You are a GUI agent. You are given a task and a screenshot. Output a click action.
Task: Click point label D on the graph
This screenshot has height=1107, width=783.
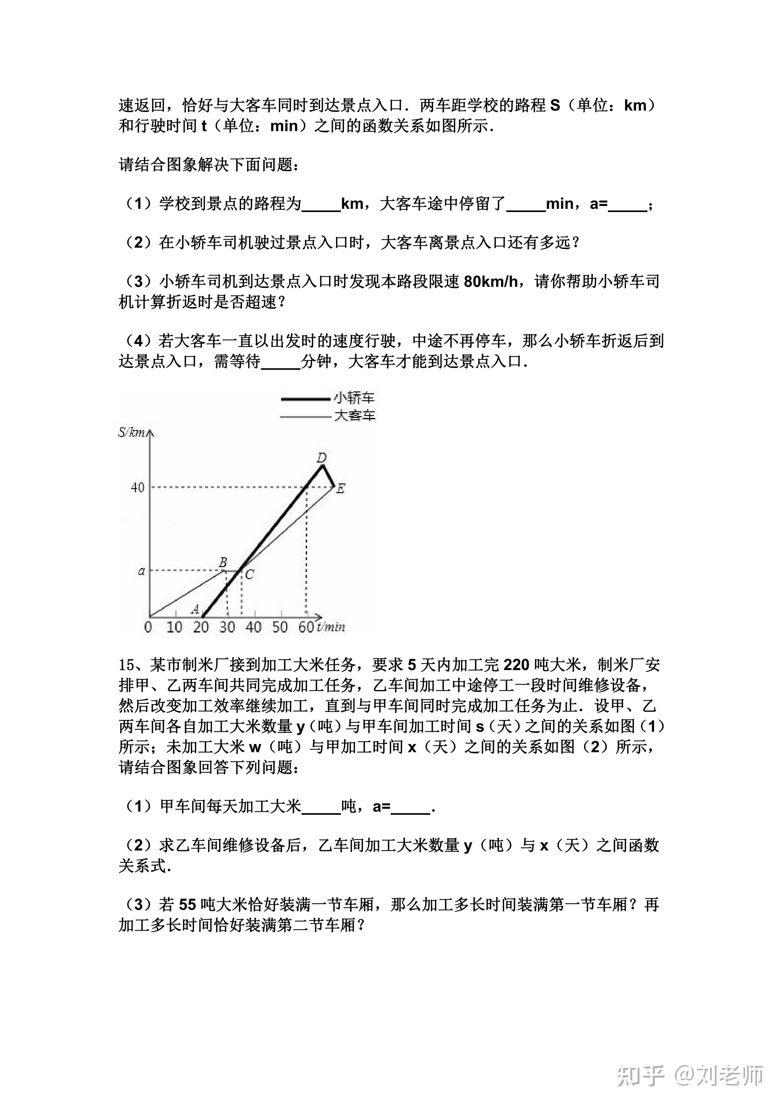322,457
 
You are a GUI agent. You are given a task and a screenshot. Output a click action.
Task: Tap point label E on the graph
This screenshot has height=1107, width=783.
340,488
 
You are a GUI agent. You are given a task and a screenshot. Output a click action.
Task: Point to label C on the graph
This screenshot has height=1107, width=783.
249,574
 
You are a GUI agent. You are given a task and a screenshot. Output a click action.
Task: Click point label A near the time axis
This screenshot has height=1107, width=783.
195,609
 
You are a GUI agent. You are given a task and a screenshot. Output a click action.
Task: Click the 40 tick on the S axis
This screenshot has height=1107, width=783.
137,487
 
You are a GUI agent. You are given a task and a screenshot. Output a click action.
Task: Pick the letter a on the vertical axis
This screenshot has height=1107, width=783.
141,571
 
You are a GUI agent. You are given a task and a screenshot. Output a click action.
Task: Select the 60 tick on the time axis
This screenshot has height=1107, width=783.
306,627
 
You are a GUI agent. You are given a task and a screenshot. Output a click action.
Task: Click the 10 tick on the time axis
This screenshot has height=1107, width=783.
174,627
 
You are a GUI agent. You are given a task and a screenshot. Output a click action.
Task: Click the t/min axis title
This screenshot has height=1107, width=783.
331,627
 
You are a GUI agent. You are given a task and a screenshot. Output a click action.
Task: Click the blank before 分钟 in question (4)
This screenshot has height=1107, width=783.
280,362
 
